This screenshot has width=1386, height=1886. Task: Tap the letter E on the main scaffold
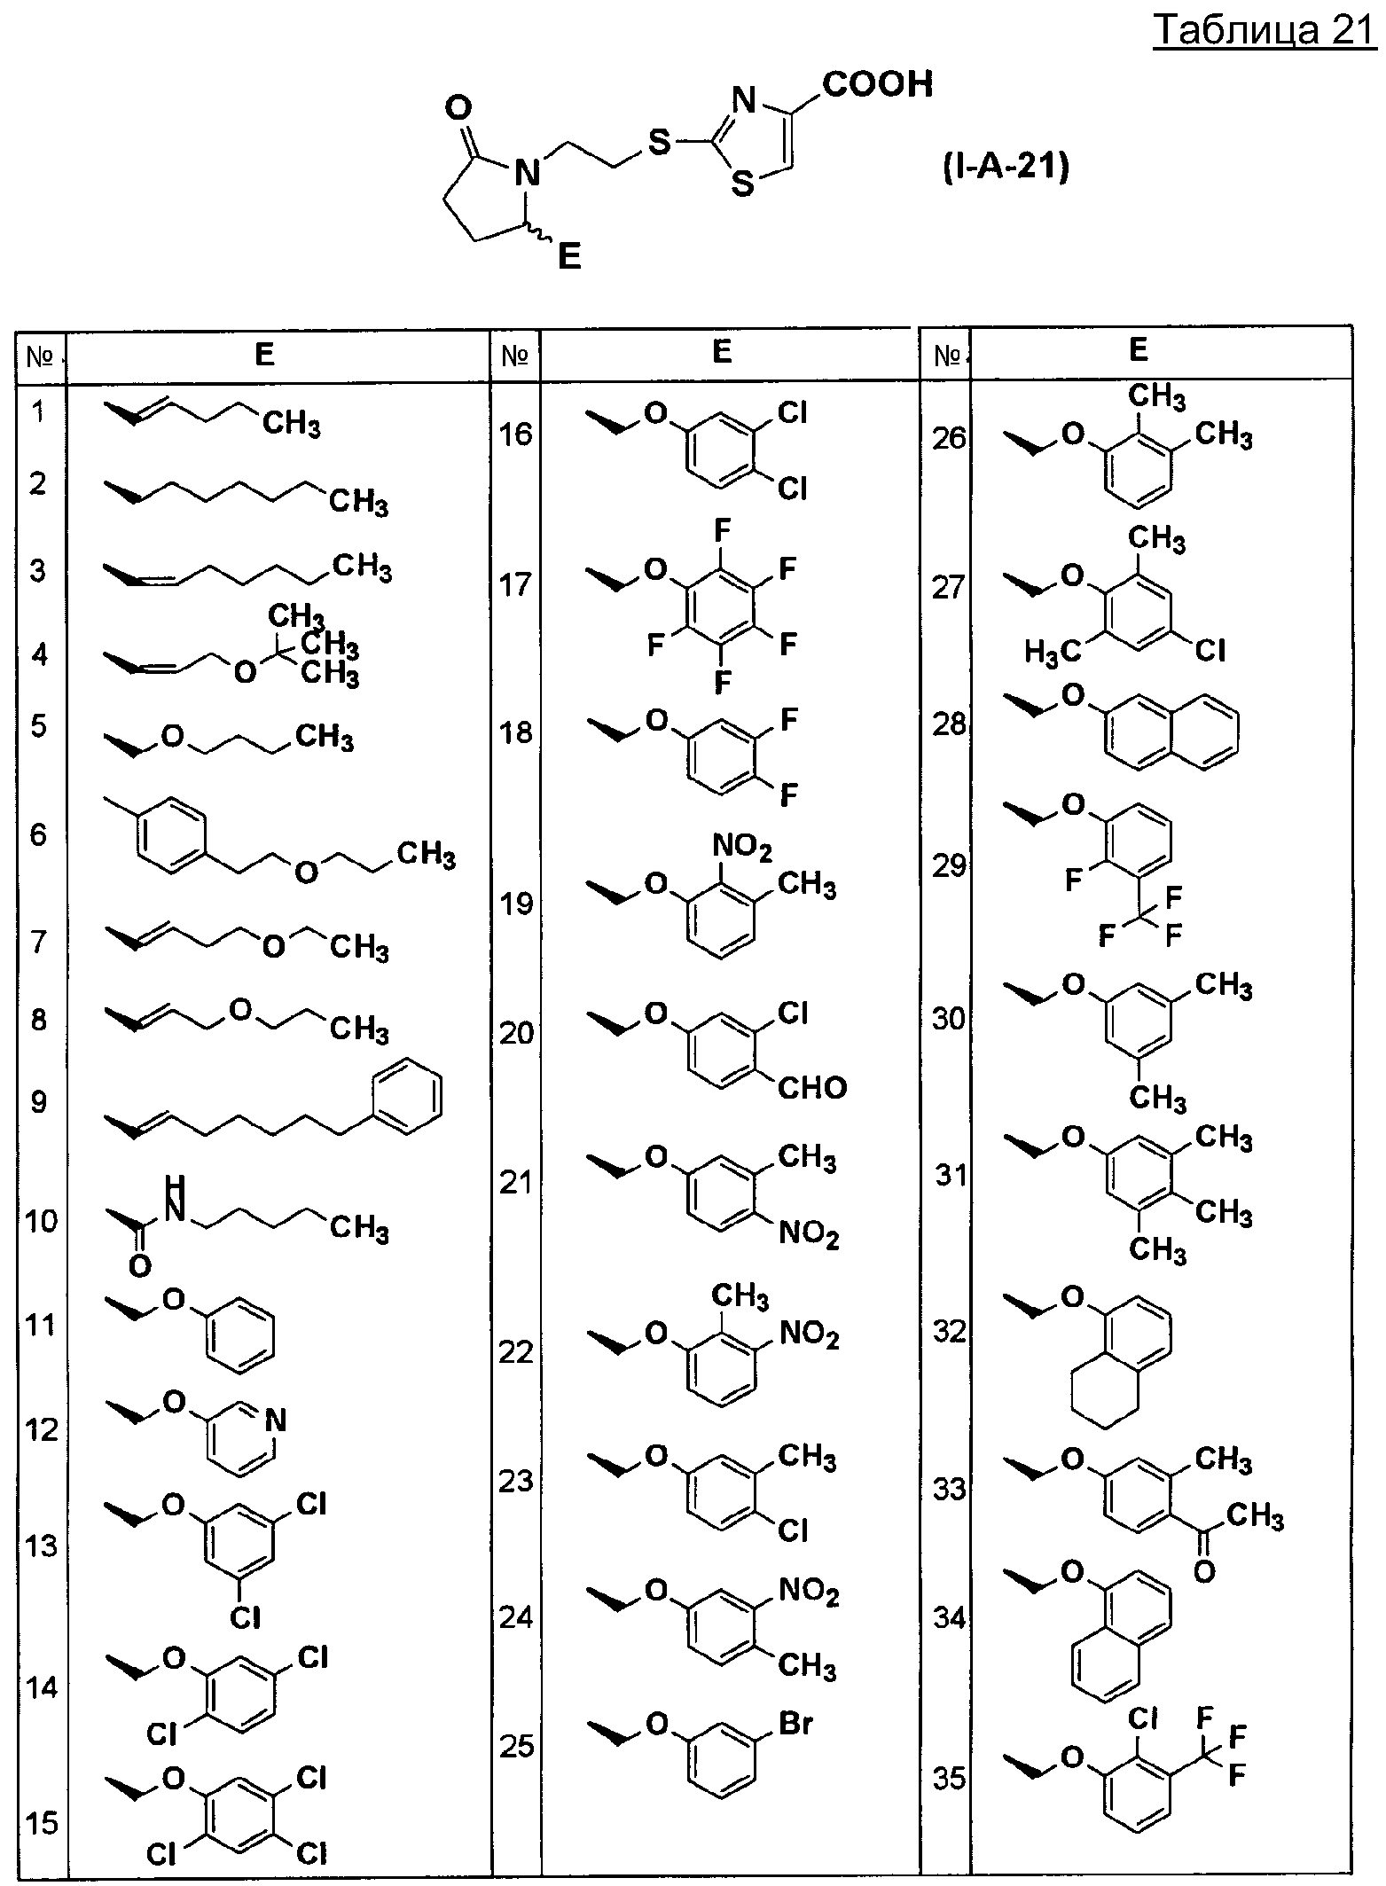[568, 257]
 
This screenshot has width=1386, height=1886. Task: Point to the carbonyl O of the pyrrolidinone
[457, 108]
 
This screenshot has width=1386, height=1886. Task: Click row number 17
[516, 585]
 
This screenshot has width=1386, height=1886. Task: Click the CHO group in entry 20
[811, 1087]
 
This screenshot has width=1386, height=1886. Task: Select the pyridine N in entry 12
[276, 1421]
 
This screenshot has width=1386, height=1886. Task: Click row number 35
[949, 1779]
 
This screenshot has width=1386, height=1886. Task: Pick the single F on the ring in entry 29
[1073, 880]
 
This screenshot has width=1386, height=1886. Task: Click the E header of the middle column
[722, 351]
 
